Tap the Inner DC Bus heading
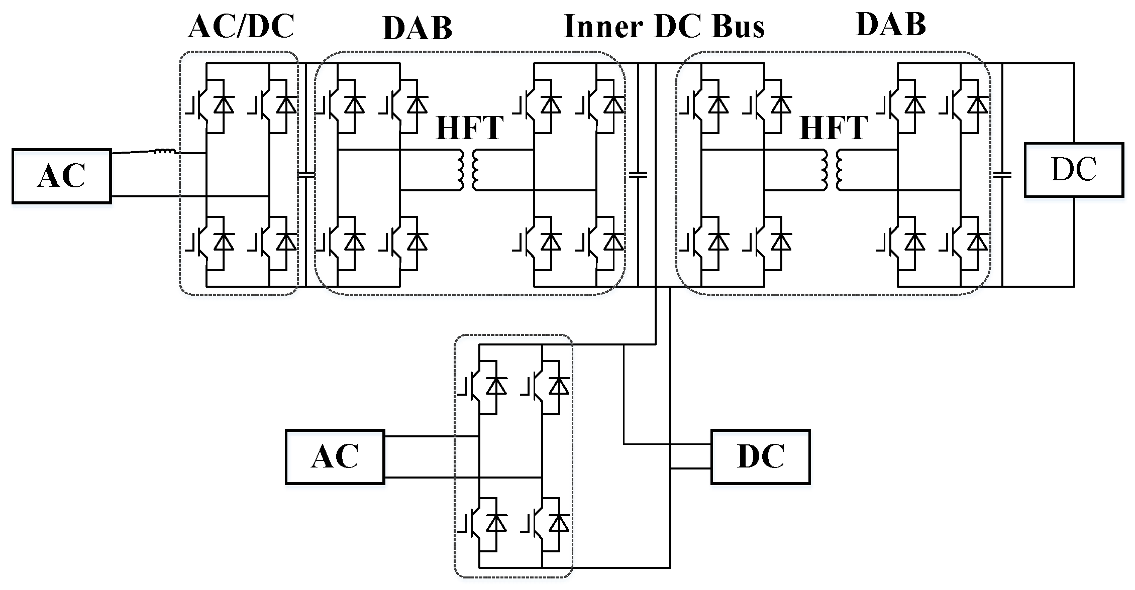[x=664, y=26]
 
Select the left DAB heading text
[x=418, y=28]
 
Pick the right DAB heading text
[x=890, y=24]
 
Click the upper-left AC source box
[x=61, y=176]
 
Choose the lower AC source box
[x=335, y=456]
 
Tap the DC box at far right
[x=1074, y=170]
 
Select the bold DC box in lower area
[x=760, y=456]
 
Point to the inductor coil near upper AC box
[x=165, y=151]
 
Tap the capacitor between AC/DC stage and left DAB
[x=306, y=175]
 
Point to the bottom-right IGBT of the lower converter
[x=546, y=523]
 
